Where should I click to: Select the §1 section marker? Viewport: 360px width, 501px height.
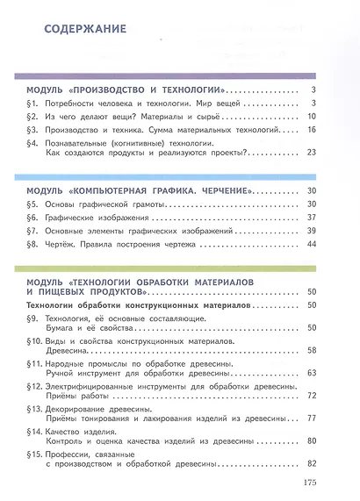tap(31, 104)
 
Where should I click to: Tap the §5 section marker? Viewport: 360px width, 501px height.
tap(31, 204)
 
